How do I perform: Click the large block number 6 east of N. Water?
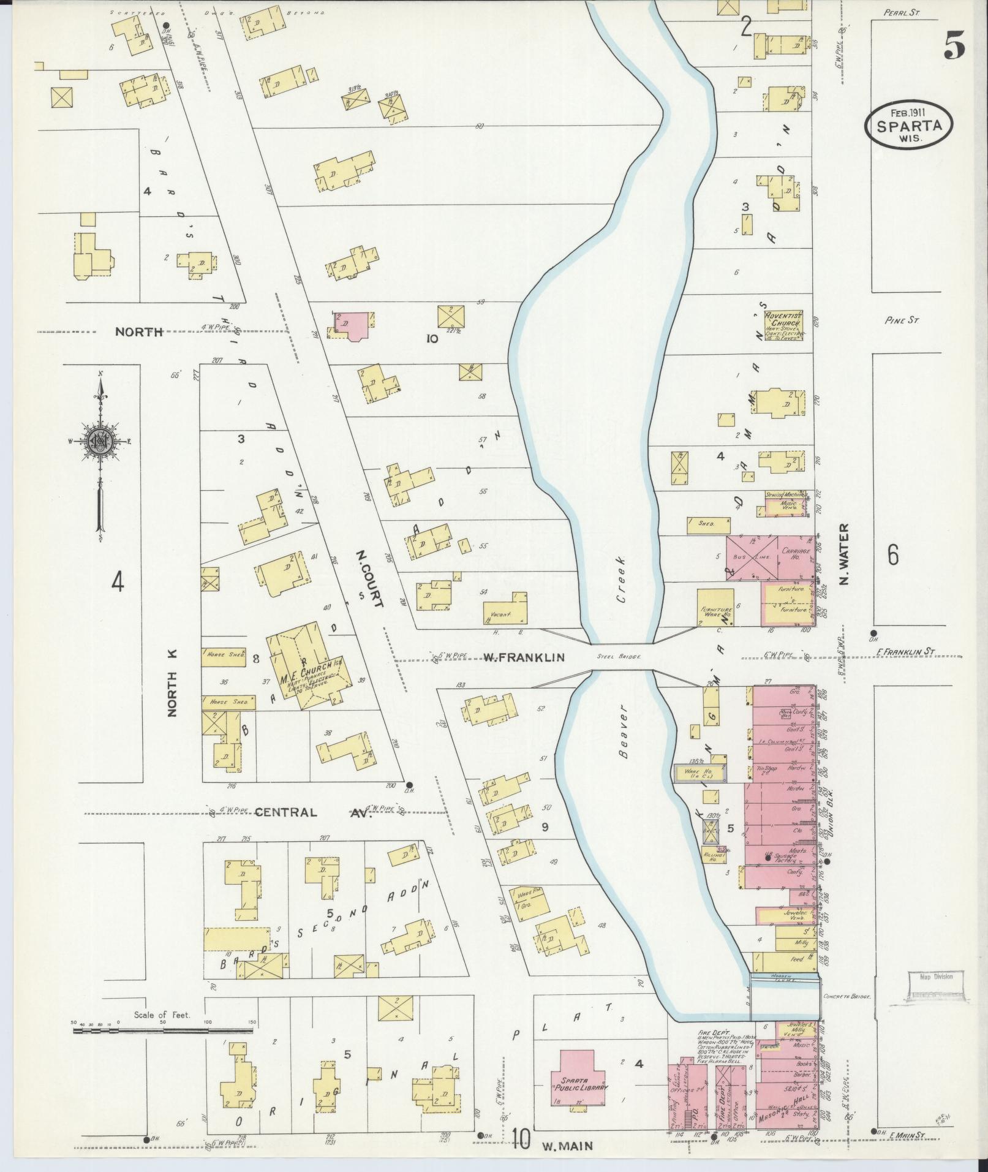coord(893,555)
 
